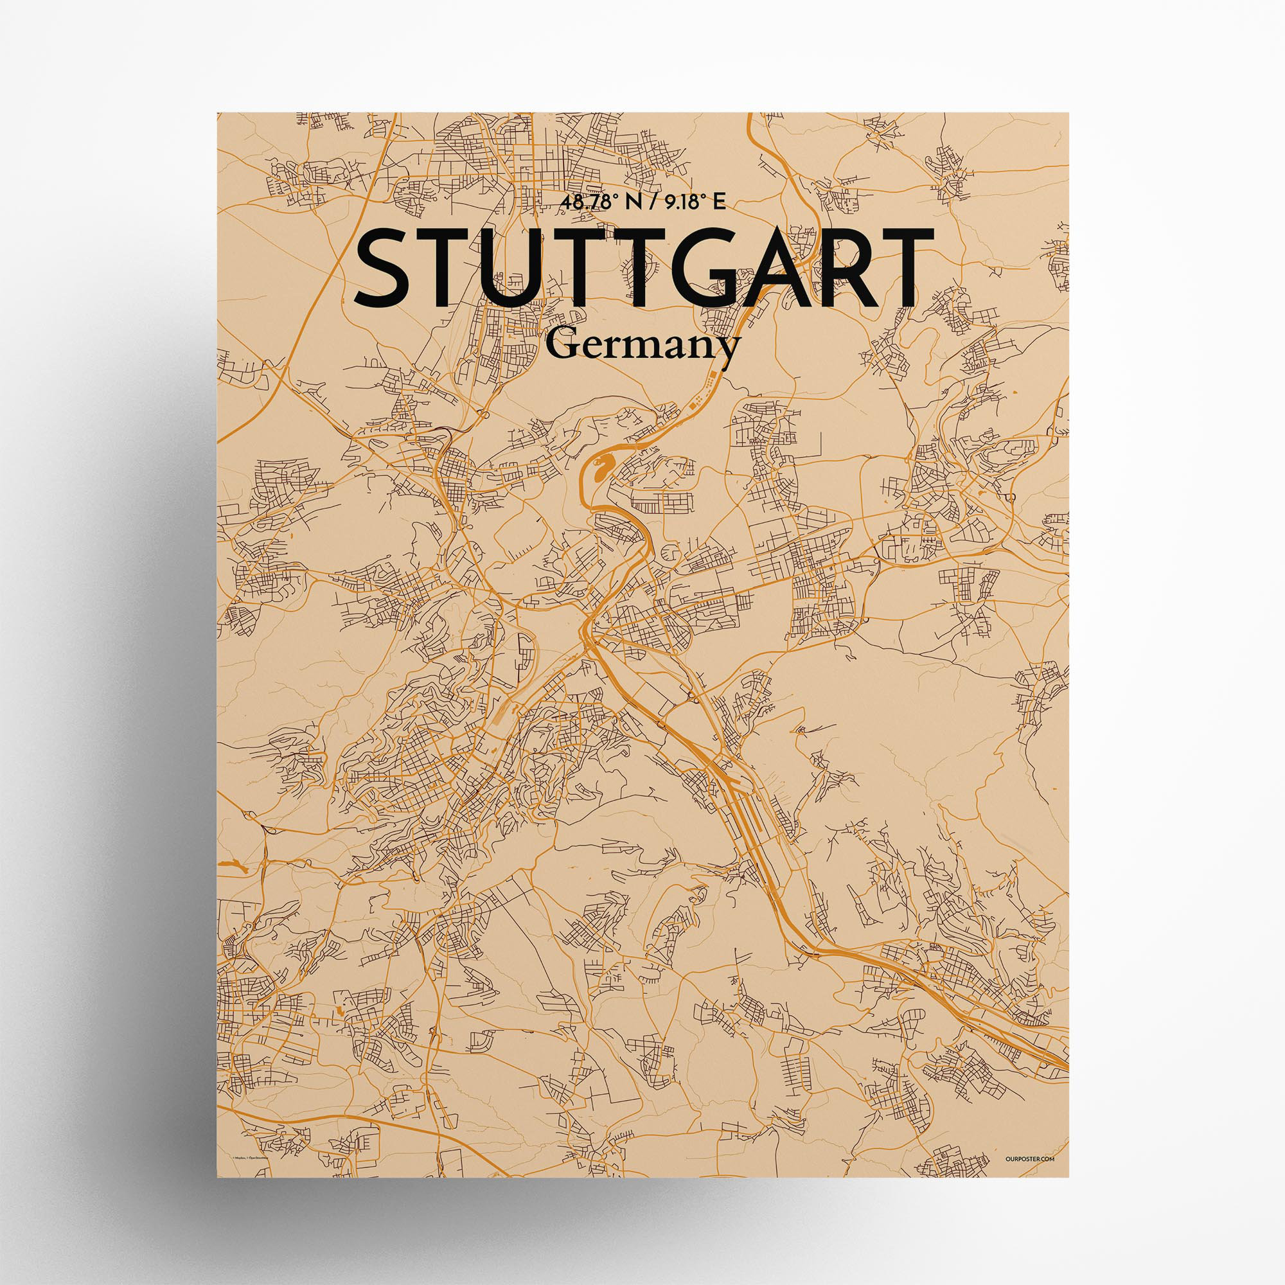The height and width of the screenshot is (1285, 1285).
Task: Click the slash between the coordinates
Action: click(647, 204)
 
